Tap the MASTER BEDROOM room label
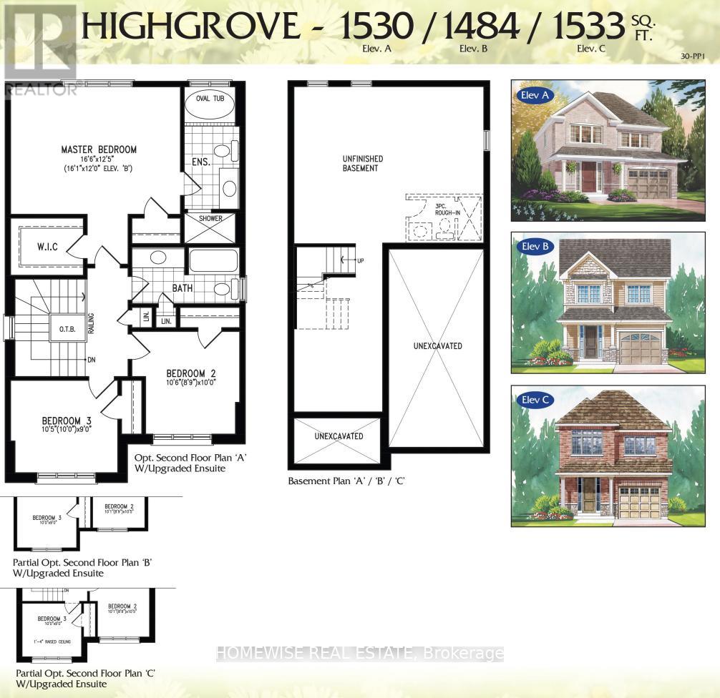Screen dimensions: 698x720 (99, 149)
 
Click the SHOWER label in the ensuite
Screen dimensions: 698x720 (210, 219)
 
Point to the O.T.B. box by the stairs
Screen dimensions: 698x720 (58, 329)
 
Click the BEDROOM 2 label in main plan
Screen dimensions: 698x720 (191, 373)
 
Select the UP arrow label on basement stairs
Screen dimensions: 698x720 (360, 261)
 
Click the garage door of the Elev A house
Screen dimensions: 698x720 (648, 185)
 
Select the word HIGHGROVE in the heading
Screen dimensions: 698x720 (190, 27)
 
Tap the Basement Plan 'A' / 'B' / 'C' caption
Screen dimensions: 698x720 (346, 481)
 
